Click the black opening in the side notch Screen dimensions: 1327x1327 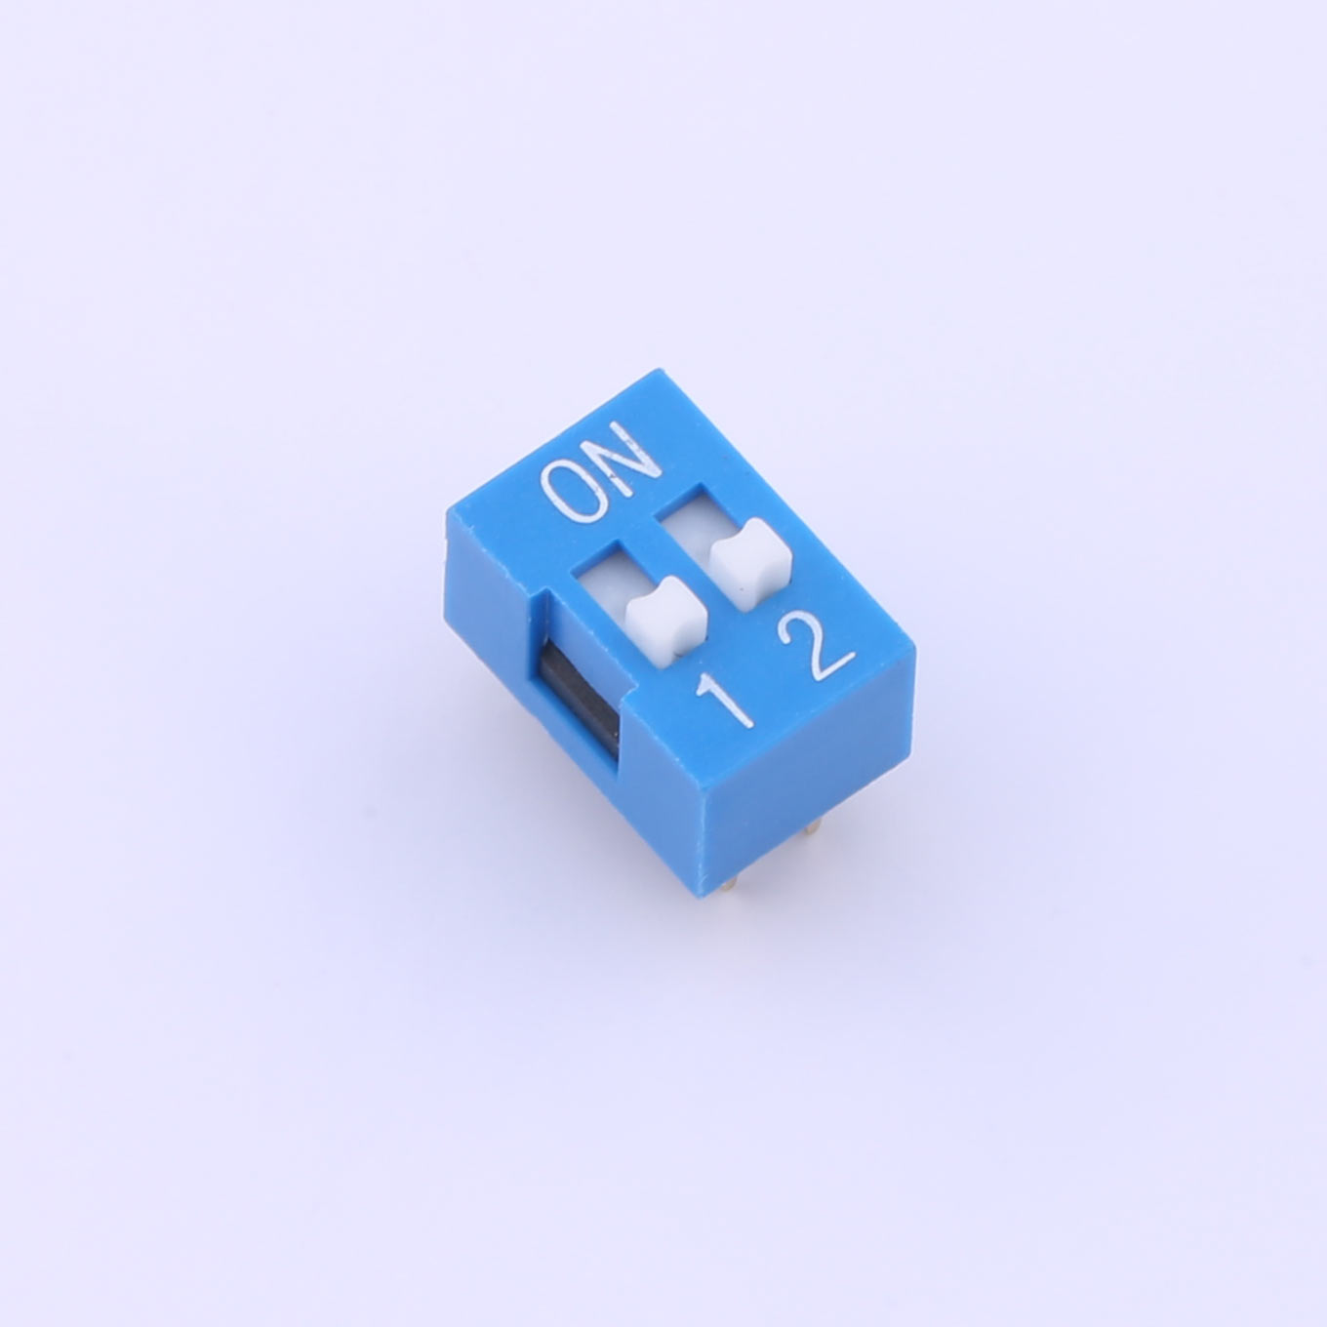pos(576,696)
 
